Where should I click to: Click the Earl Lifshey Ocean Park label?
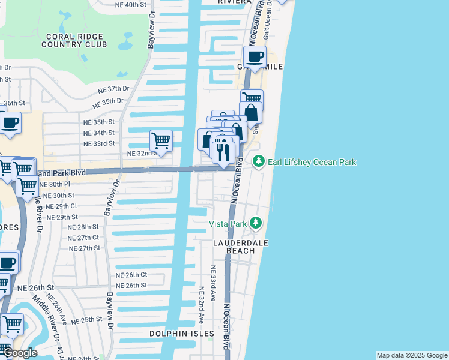[312, 162]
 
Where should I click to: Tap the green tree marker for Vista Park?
[256, 223]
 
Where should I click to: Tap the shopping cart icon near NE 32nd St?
[161, 142]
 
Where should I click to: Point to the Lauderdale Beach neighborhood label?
[241, 247]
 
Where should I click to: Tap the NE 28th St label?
[83, 227]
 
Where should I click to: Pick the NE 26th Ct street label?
[131, 275]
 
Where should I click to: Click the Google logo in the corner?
[19, 353]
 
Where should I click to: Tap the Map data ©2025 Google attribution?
[412, 355]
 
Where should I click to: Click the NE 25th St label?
[87, 320]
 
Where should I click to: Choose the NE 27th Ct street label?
[83, 238]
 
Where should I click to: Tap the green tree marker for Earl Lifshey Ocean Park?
[258, 161]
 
